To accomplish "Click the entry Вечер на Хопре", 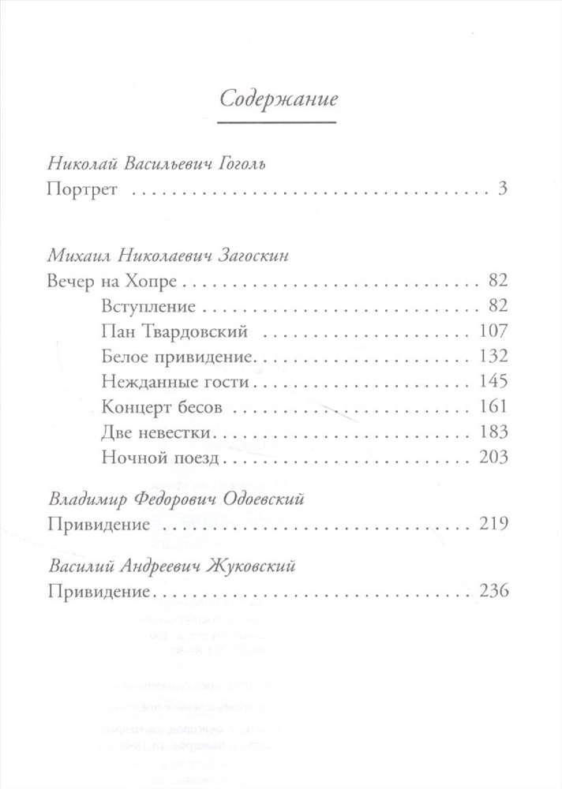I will [110, 281].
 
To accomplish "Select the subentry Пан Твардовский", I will [159, 331].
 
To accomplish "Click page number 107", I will [492, 331].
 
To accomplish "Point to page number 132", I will [492, 357].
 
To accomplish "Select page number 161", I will [492, 407].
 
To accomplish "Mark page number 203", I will [492, 458].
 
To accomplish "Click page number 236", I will [492, 591].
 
